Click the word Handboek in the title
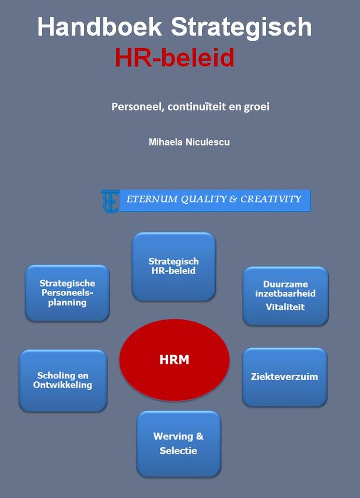click(100, 27)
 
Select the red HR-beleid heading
click(174, 58)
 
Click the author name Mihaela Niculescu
click(189, 142)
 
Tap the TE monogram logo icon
click(110, 201)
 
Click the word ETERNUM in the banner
click(152, 199)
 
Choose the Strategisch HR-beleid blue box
click(174, 266)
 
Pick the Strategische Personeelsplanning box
click(67, 293)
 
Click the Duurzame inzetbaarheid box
click(285, 295)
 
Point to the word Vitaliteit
click(285, 307)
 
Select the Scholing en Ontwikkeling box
click(63, 380)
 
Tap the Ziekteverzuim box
click(284, 377)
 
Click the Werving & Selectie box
click(179, 443)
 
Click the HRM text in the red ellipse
click(174, 359)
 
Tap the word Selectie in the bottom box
click(179, 450)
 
